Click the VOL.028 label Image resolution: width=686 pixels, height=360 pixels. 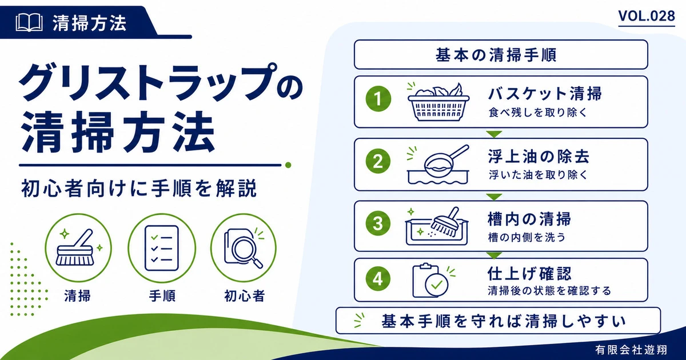[647, 16]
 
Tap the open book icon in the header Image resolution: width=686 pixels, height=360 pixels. [29, 23]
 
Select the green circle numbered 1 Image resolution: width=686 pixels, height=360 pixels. [378, 99]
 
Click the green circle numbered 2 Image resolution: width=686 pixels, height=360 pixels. [378, 161]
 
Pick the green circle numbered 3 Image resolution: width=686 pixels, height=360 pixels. [378, 223]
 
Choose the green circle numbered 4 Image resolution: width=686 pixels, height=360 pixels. [378, 279]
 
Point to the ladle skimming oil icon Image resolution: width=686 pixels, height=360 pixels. [438, 165]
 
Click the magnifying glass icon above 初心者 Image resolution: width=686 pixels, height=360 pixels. [244, 247]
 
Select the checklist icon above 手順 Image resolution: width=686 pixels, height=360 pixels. [162, 248]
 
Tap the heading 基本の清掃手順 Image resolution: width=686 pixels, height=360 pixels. [496, 55]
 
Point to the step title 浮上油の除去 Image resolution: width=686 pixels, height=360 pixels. [539, 157]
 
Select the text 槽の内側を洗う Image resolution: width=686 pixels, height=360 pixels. [527, 237]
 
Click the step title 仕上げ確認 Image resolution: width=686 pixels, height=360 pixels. [529, 273]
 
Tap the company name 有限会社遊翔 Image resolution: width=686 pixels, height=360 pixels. [632, 349]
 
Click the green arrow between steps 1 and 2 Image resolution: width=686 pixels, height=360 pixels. [494, 134]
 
